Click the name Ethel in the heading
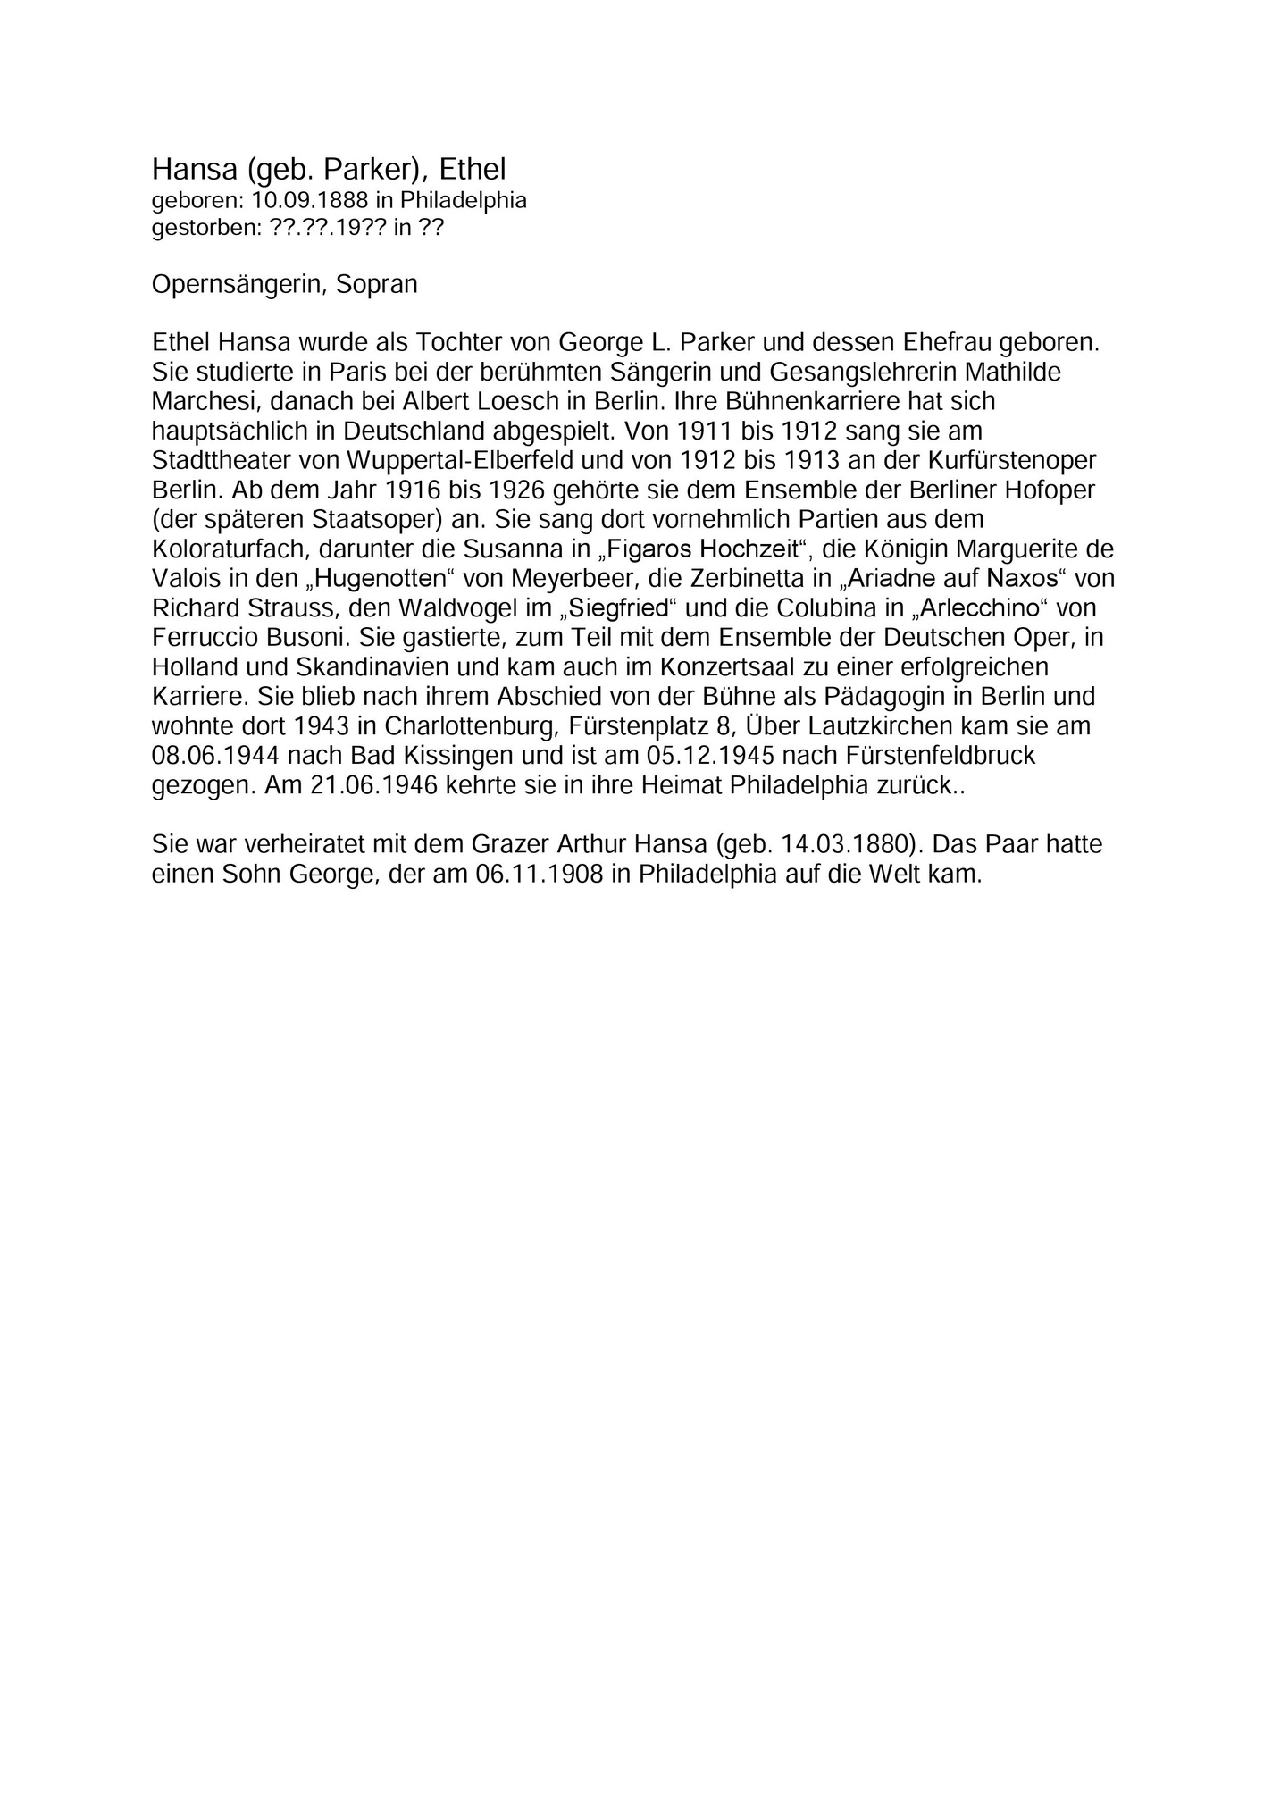473,169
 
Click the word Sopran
377,285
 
